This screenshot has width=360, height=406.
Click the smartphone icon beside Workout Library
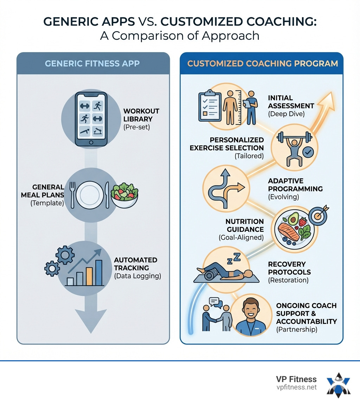[x=91, y=119]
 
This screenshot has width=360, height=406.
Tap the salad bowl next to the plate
[x=124, y=195]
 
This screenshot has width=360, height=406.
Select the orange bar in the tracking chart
[x=89, y=277]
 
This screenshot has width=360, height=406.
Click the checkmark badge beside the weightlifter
[x=308, y=152]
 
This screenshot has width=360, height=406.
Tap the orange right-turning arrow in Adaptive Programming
[x=234, y=192]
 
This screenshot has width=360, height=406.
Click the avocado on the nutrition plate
[x=293, y=219]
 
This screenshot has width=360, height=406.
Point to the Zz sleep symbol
[x=234, y=259]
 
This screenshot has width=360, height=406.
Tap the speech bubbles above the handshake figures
[x=216, y=303]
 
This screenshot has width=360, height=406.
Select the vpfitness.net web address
[x=296, y=387]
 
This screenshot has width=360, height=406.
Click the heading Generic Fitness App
[x=92, y=63]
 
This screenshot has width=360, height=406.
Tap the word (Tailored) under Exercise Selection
[x=249, y=156]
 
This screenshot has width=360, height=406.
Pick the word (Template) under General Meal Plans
[x=47, y=203]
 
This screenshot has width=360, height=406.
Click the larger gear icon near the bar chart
[x=65, y=255]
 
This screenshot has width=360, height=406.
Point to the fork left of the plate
[x=72, y=195]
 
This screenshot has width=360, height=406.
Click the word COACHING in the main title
[x=281, y=22]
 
